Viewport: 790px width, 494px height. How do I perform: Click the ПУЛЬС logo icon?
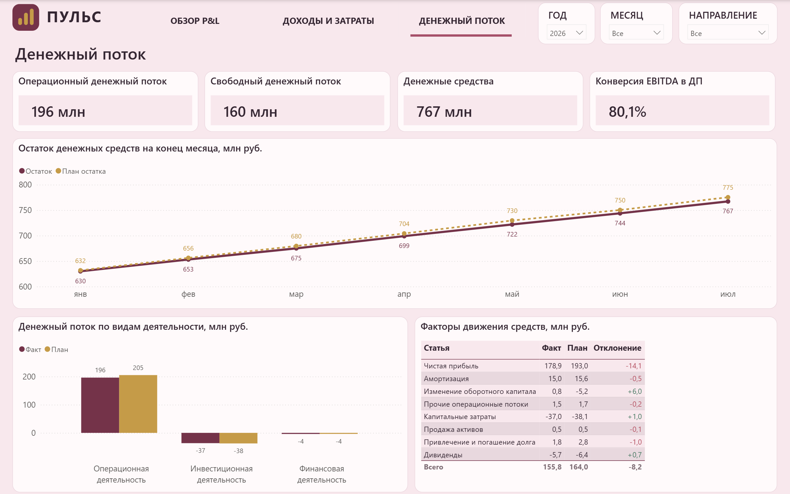26,17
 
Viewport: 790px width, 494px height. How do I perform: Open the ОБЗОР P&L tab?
195,21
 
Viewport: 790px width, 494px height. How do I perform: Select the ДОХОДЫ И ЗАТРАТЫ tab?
328,21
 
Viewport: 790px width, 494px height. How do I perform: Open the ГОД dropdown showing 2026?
566,33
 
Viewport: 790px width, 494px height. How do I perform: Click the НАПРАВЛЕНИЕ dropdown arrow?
762,33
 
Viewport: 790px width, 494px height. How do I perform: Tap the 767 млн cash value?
444,112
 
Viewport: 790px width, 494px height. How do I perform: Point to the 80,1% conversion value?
627,112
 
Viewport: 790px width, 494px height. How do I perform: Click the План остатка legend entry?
81,171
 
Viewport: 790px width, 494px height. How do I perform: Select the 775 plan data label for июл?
728,187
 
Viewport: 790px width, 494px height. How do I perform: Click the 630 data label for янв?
80,281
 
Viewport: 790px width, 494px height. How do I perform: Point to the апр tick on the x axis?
404,294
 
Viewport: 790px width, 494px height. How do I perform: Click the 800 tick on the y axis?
25,185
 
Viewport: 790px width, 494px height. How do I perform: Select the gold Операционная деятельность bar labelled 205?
138,404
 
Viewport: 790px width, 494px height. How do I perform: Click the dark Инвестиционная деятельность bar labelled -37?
200,438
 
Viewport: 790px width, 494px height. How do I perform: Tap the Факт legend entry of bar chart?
30,349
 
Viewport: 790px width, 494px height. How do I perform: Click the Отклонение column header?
617,348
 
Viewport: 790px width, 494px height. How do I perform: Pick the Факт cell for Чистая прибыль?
553,366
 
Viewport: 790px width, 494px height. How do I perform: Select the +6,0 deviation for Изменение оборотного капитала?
635,391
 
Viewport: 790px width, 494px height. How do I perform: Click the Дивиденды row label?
443,455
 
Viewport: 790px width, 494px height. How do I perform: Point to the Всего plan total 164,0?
579,467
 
